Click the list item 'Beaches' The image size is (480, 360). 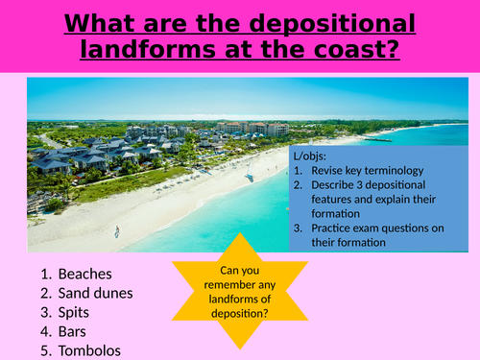[84, 274]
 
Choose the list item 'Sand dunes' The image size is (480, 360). [95, 294]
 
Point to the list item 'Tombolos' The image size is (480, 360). [91, 351]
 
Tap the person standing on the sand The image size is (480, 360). [117, 231]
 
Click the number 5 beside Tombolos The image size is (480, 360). [44, 351]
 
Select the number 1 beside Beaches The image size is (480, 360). [44, 274]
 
